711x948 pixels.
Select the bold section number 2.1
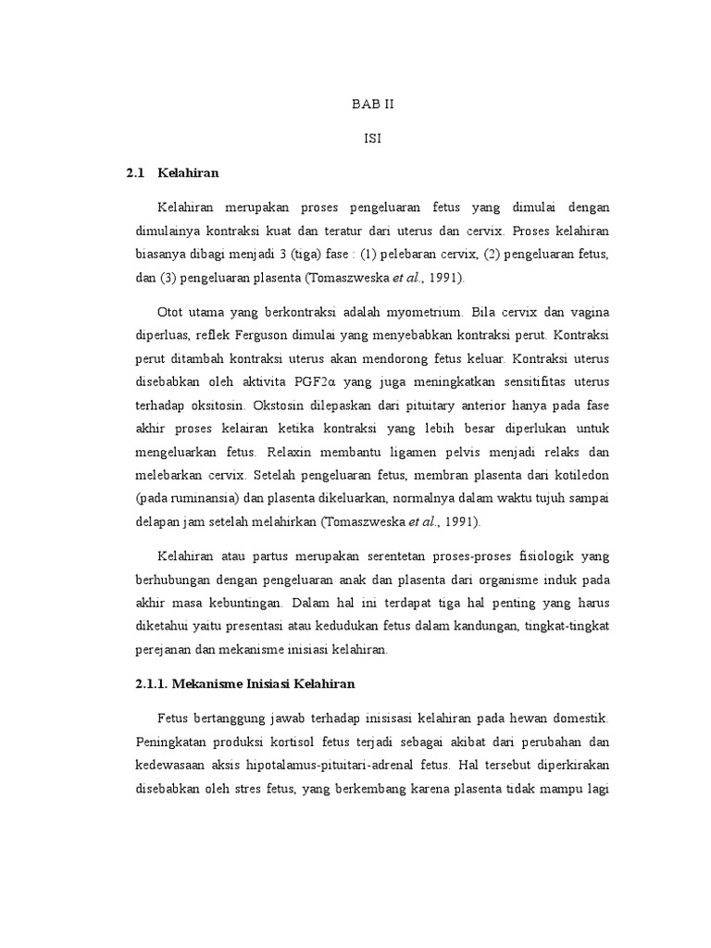pyautogui.click(x=137, y=172)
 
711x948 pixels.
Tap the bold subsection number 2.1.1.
pyautogui.click(x=149, y=684)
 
